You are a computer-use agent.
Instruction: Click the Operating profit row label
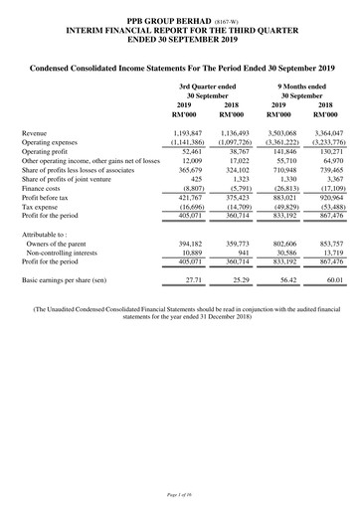click(x=51, y=151)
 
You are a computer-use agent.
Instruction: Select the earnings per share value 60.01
click(x=331, y=281)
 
